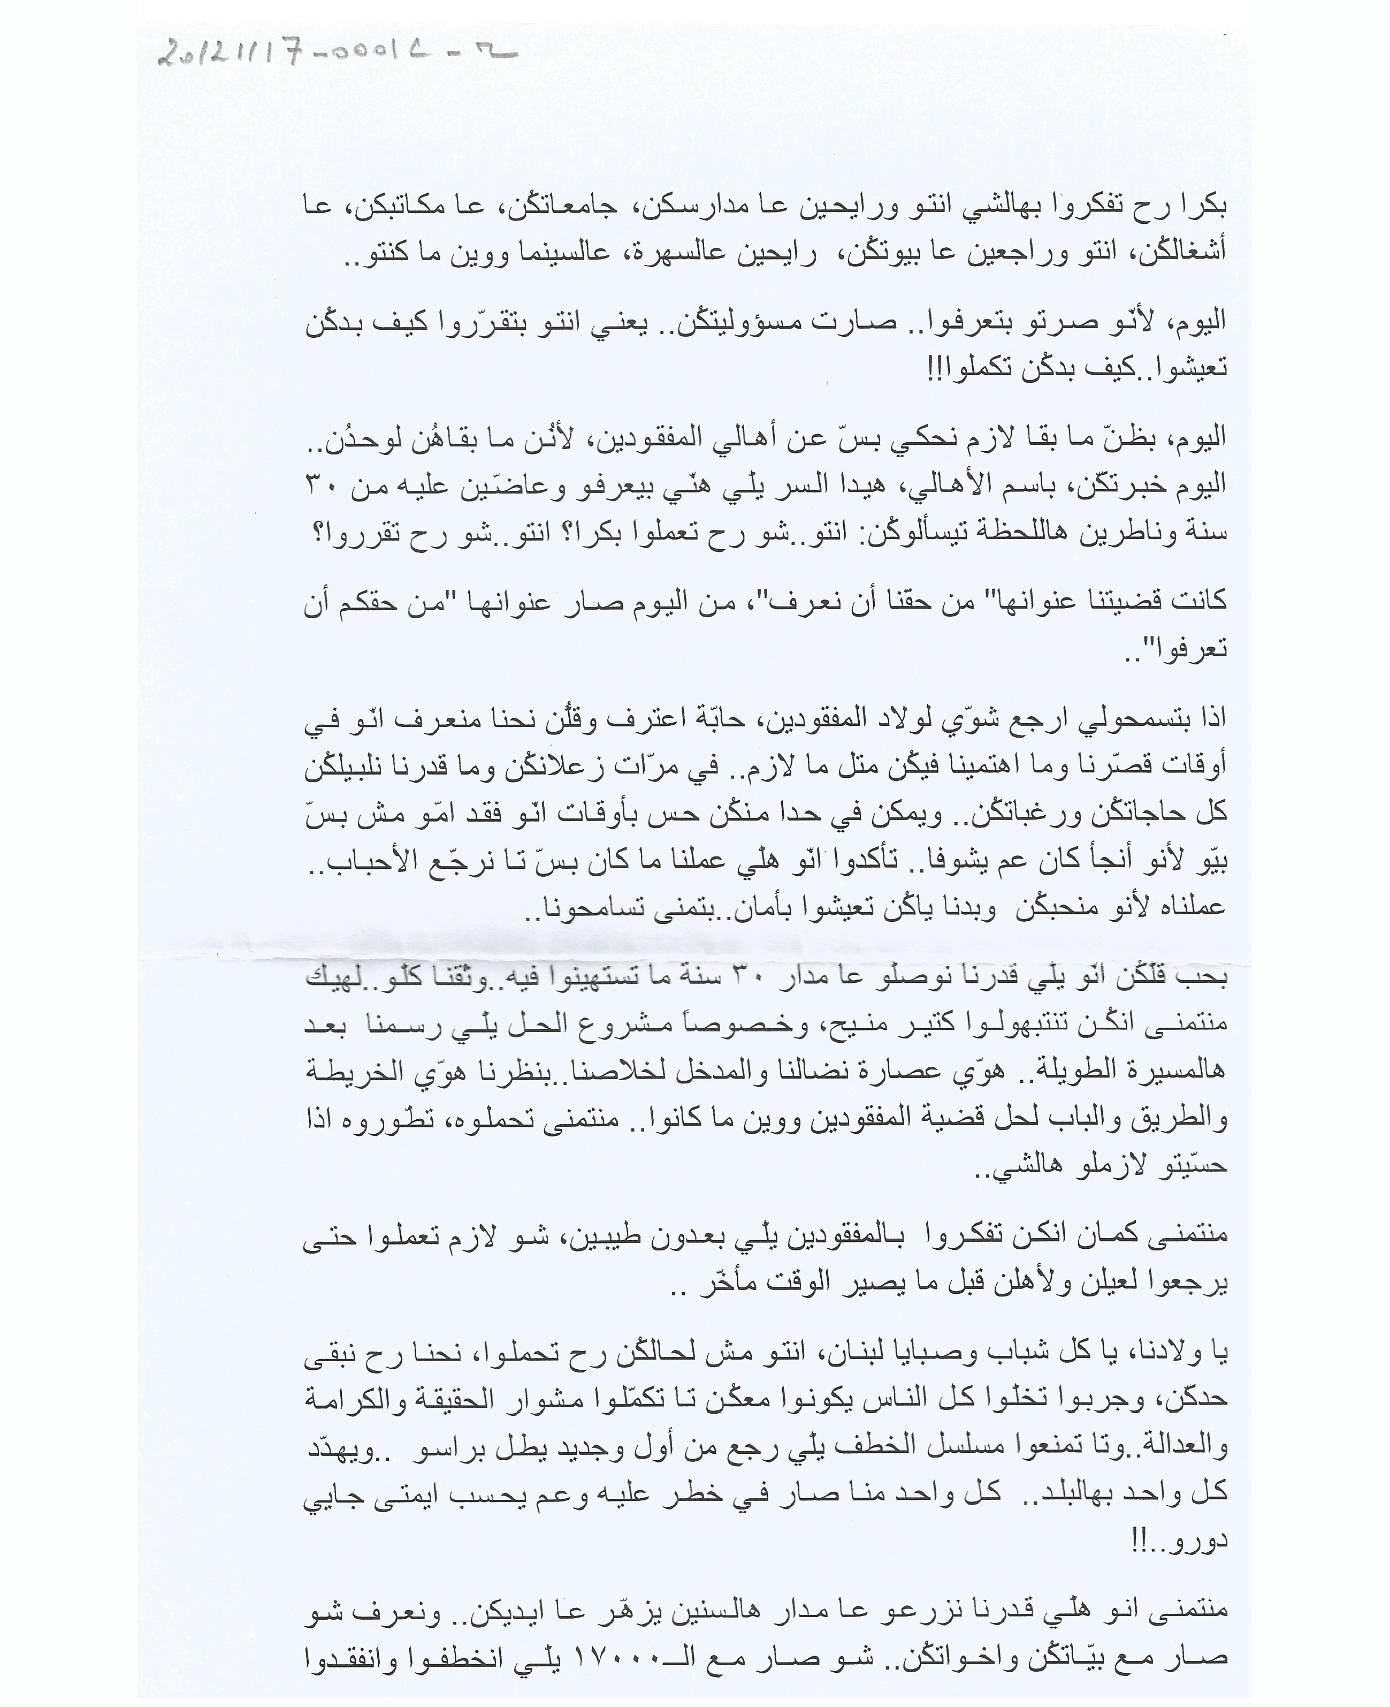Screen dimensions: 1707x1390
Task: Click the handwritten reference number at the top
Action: (337, 55)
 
